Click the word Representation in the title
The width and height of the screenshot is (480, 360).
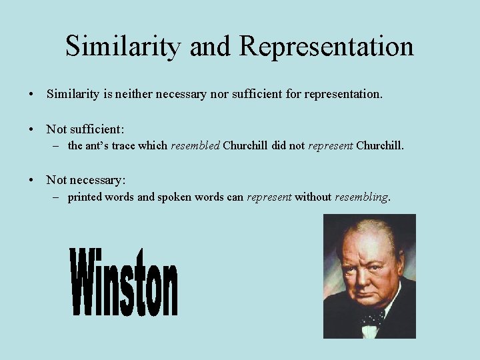[x=326, y=46]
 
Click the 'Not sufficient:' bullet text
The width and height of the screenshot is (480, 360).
[x=85, y=128]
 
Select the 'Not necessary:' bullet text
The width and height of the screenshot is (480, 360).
[x=86, y=179]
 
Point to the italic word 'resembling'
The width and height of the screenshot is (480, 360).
[x=361, y=197]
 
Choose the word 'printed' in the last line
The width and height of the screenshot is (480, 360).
[x=84, y=197]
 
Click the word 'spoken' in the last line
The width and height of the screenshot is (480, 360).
[x=175, y=197]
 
